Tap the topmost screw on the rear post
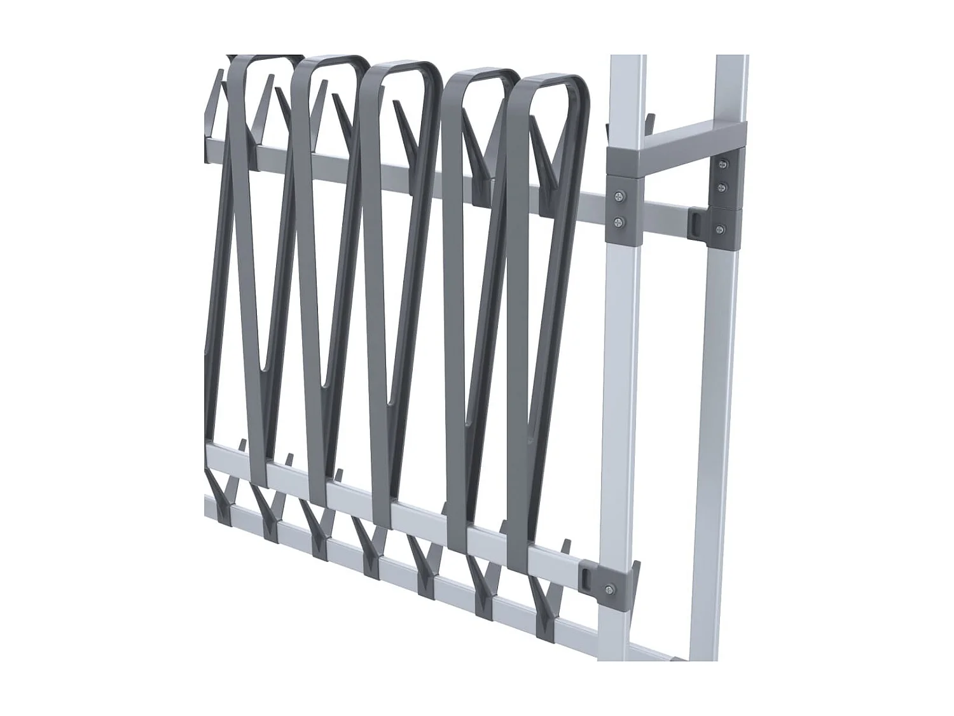coord(722,164)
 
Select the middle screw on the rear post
coord(722,187)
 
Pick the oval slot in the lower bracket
coord(586,576)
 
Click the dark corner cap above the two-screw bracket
coord(625,162)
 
